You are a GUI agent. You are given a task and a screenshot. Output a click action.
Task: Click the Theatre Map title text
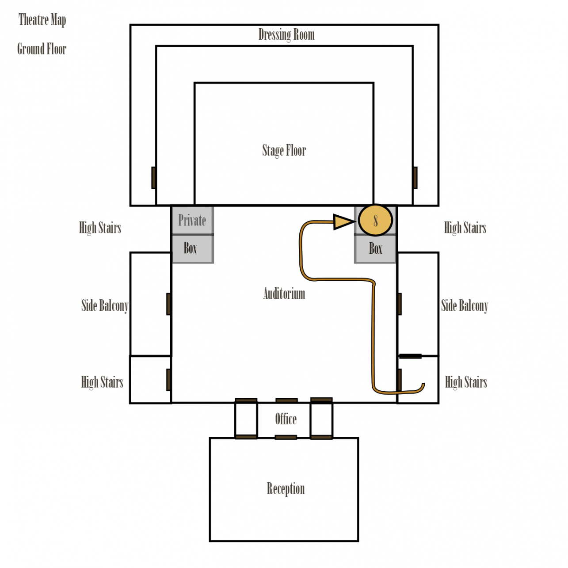point(42,20)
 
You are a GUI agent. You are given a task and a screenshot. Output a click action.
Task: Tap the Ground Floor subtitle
point(42,49)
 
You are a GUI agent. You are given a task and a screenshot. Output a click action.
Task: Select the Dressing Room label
point(286,34)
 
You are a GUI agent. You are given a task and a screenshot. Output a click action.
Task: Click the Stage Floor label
point(284,150)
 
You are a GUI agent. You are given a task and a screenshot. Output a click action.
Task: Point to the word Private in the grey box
point(192,220)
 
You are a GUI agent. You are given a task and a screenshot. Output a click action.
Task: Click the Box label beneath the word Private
point(190,248)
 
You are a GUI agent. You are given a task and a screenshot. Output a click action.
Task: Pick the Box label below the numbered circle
point(375,248)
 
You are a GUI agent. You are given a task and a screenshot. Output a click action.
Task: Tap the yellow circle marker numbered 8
point(375,220)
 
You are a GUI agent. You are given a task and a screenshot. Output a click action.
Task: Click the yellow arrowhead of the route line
point(343,222)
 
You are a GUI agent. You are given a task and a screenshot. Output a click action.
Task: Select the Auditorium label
point(284,294)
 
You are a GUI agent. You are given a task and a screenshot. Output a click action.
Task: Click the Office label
point(286,419)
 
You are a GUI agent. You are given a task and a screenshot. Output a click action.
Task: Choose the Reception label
point(286,488)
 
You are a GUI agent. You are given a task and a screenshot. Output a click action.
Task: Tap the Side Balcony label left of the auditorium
point(105,305)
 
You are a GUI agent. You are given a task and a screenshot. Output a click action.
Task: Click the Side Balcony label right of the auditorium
point(464,305)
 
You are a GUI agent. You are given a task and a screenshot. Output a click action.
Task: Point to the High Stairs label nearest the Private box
point(100,228)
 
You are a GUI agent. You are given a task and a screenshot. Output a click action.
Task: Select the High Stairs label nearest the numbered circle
point(465,228)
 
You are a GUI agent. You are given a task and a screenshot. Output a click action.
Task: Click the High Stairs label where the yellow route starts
point(466,382)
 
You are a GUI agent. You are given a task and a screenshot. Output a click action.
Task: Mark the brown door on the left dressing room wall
point(154,178)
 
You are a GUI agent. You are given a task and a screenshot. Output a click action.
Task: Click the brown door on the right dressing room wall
point(415,178)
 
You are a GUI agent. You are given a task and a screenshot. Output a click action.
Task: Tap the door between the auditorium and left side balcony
point(169,304)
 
